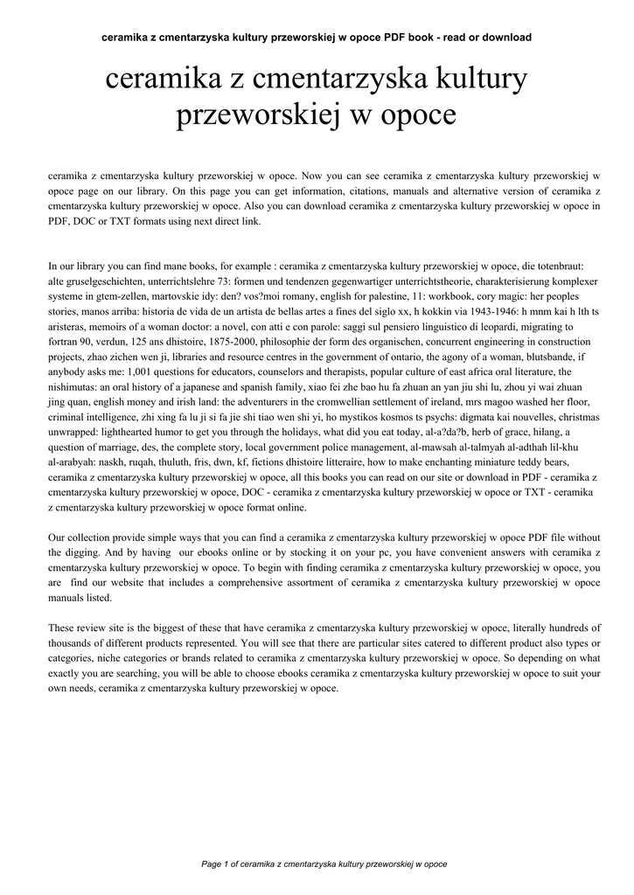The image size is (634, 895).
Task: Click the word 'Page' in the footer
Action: [x=212, y=864]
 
